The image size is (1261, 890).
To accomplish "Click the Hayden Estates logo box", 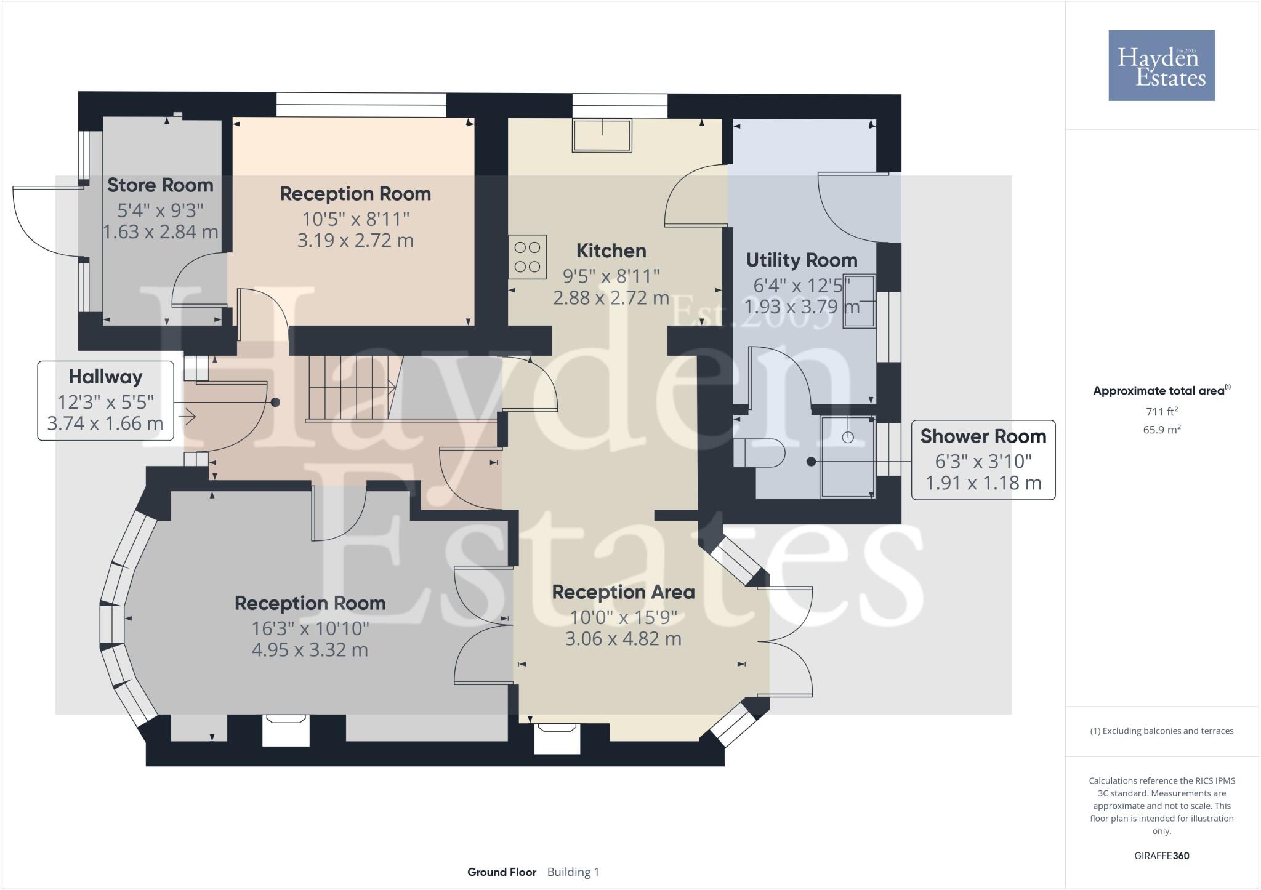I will [1161, 65].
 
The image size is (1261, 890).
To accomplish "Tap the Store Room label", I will [160, 185].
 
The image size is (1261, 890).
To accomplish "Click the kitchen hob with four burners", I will [527, 257].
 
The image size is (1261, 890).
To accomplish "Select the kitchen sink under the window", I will [602, 135].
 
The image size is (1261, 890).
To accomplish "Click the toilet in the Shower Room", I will [759, 453].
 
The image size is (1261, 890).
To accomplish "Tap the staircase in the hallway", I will [351, 388].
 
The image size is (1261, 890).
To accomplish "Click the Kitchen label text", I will [611, 251].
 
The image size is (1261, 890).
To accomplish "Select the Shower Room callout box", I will [983, 459].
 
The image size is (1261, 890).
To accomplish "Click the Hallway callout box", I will [105, 400].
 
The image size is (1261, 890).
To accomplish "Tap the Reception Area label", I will [623, 592].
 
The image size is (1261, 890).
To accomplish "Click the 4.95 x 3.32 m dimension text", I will [310, 650].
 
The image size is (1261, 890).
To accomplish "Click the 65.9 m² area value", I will [1161, 430].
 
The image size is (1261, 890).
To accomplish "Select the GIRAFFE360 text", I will [1161, 856].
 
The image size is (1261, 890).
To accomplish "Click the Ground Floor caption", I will [501, 872].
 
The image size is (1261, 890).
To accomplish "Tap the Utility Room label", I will [801, 260].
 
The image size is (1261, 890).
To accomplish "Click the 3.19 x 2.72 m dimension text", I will [355, 240].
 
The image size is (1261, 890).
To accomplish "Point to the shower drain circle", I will [848, 437].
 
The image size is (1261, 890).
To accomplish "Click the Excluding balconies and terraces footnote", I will [1161, 731].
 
